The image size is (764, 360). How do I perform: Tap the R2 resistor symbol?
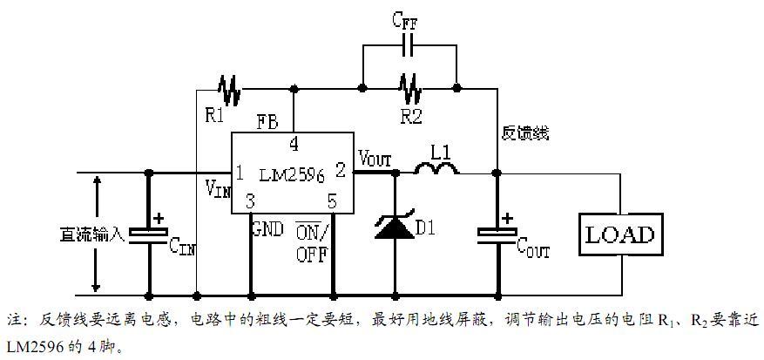[x=410, y=88]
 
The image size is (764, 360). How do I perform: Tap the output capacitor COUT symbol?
[x=497, y=234]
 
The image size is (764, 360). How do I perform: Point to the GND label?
[x=266, y=231]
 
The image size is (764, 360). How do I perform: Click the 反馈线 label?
[x=525, y=133]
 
